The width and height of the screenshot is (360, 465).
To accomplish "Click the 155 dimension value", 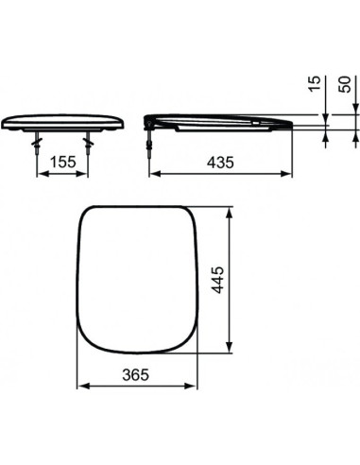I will (63, 163).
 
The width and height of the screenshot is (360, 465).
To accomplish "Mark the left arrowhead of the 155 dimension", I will (41, 173).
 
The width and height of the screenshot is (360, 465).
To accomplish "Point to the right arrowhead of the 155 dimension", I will (87, 173).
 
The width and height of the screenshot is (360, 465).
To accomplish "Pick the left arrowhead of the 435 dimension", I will (154, 173).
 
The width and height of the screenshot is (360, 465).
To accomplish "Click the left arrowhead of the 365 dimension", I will (79, 387).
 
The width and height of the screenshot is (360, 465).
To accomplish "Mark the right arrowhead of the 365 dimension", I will (194, 387).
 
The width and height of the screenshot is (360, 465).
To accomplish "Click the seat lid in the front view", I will (64, 122).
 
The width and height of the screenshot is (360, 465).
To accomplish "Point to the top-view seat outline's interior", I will (137, 279).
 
